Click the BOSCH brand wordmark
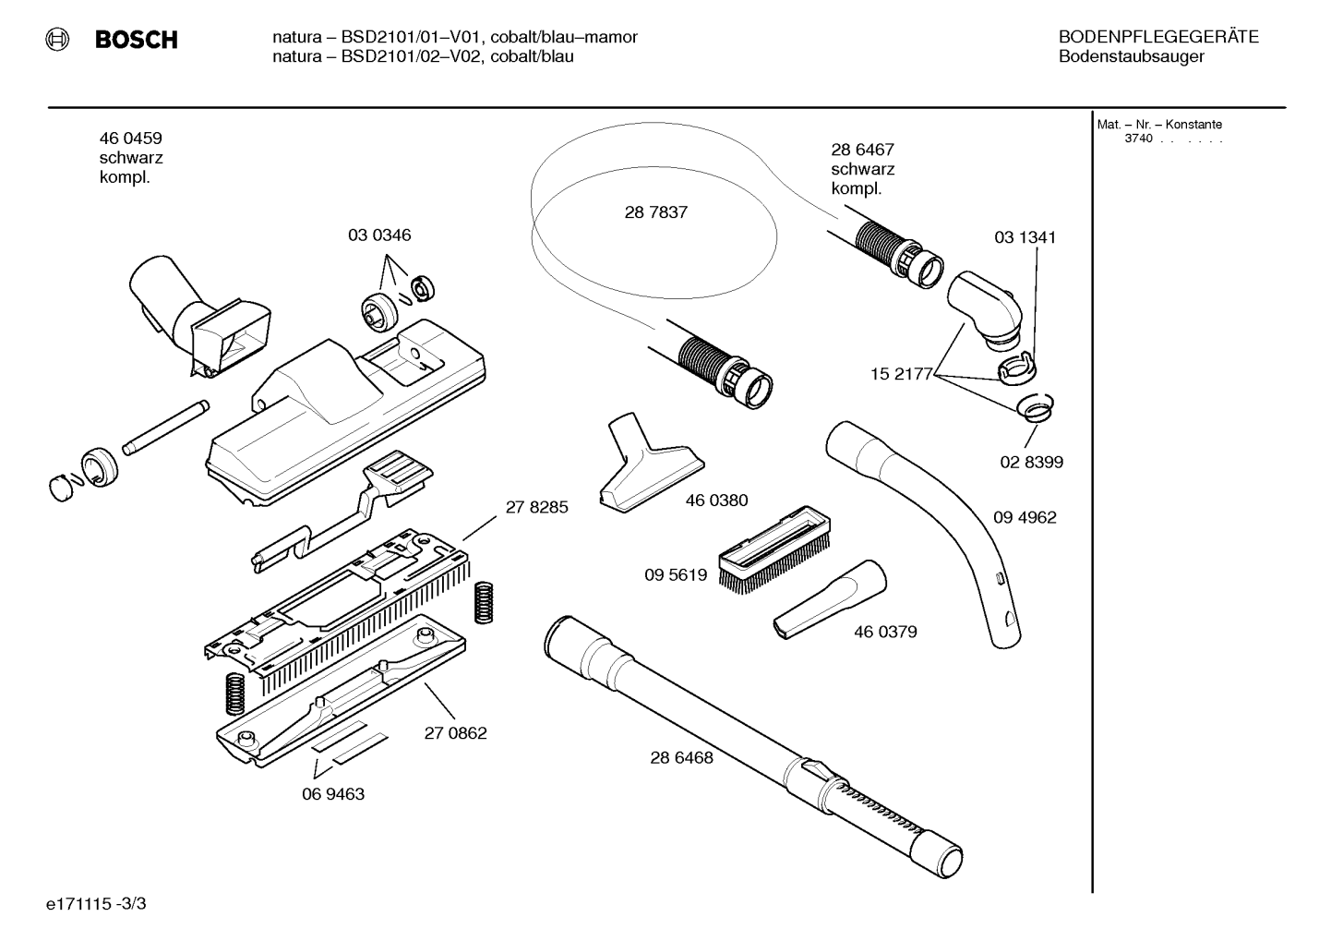pos(136,40)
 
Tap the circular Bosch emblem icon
pos(57,40)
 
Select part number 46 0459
pos(131,139)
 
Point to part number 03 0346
pos(379,235)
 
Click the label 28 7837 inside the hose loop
pos(656,212)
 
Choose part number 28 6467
pos(862,150)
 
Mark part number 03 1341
pos(1025,237)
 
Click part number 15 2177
pos(902,374)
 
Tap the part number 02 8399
pos(1032,462)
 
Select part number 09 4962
pos(1025,517)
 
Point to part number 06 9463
pos(333,794)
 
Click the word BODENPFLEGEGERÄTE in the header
pos(1158,37)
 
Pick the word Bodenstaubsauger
pos(1132,57)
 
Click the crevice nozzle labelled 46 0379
pos(830,599)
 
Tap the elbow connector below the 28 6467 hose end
pos(985,309)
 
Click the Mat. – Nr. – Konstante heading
pos(1159,125)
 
